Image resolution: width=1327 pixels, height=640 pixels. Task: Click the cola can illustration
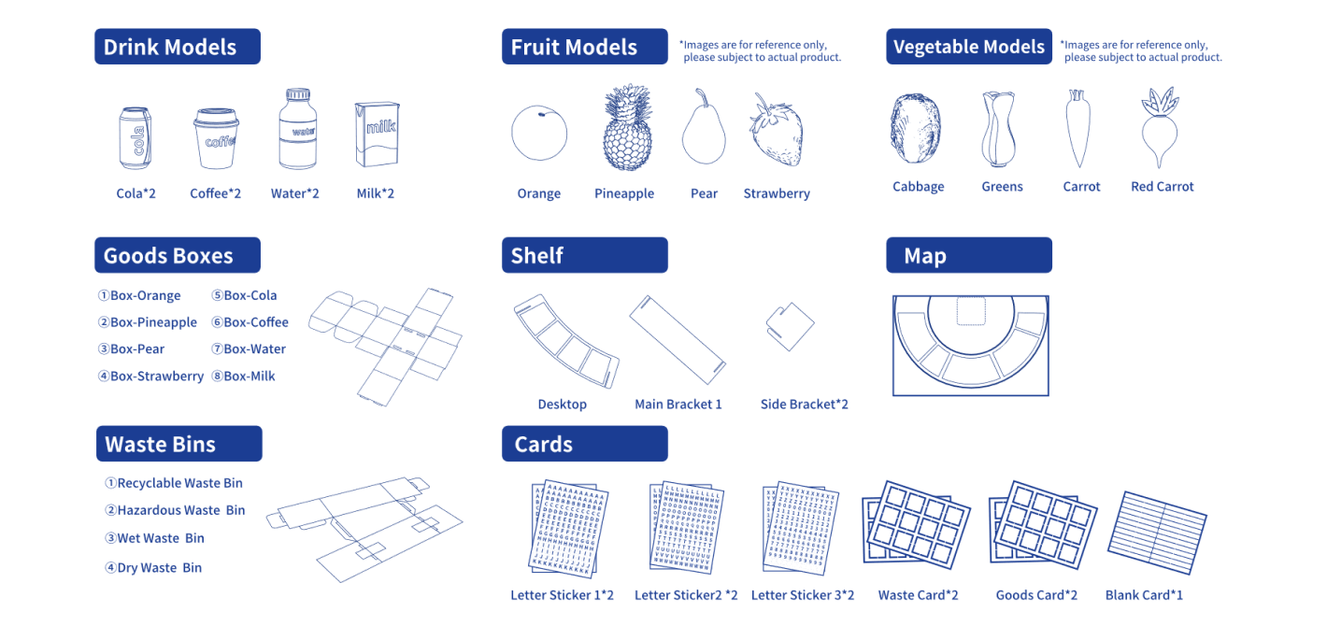(136, 137)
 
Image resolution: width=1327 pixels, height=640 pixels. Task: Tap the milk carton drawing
(376, 135)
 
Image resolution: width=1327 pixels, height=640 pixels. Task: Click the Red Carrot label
(1162, 187)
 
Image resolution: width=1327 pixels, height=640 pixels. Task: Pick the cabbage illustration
(916, 129)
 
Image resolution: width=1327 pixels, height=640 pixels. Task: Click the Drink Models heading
(177, 47)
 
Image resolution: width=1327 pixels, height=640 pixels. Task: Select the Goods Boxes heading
(177, 255)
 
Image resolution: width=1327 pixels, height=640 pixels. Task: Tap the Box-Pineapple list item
(148, 322)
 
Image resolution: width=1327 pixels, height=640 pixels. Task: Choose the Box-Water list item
(249, 349)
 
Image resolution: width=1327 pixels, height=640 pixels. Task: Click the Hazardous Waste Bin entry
(175, 510)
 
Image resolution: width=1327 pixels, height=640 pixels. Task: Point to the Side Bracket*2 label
(804, 405)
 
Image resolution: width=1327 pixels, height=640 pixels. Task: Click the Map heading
(968, 255)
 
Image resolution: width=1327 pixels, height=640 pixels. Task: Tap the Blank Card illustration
(1157, 533)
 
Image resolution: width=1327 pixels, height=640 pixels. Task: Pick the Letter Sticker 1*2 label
(562, 595)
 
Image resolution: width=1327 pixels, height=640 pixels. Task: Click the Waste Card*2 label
(918, 595)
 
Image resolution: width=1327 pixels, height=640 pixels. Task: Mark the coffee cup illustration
(216, 138)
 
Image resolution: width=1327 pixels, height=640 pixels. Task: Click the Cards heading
(584, 444)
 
